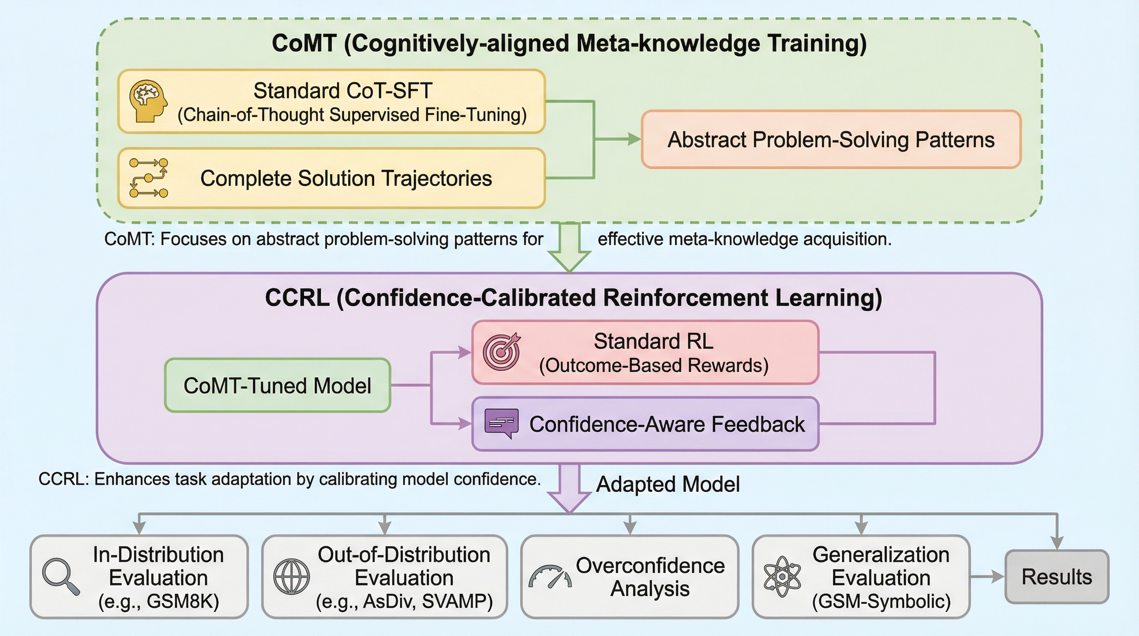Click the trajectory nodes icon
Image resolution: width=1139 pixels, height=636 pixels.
click(x=149, y=178)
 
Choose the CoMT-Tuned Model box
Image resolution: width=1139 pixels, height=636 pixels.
click(x=277, y=385)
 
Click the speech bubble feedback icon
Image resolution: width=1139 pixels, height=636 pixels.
click(x=501, y=423)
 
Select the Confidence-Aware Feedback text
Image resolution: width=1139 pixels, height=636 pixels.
click(x=667, y=424)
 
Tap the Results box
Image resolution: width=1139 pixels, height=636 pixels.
click(x=1056, y=577)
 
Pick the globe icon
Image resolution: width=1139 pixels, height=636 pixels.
click(x=291, y=577)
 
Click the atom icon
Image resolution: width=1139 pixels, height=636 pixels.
click(x=782, y=577)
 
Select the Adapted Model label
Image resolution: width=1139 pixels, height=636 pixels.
click(x=668, y=484)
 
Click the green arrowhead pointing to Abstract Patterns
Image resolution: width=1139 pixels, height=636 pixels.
click(x=634, y=139)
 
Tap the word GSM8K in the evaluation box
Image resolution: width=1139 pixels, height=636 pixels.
click(x=183, y=602)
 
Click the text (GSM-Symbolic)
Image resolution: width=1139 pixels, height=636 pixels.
click(x=881, y=602)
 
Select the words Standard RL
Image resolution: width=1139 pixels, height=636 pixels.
click(x=654, y=341)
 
